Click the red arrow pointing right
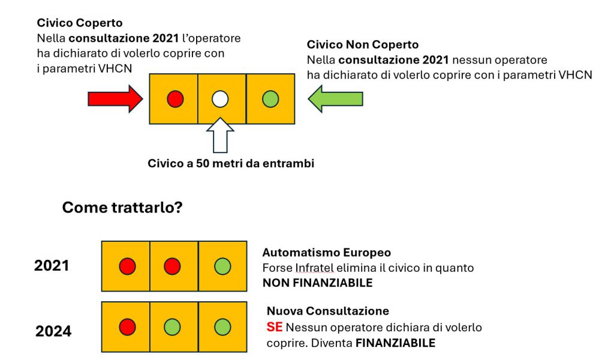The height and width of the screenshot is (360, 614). [x=115, y=99]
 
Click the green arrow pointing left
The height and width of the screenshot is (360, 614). [x=336, y=99]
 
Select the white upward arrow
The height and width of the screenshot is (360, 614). [x=220, y=135]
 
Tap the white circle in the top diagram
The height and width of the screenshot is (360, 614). [x=220, y=99]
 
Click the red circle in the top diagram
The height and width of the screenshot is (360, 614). [x=175, y=99]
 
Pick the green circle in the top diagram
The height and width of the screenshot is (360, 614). [x=270, y=99]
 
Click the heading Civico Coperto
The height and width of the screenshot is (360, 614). [x=80, y=23]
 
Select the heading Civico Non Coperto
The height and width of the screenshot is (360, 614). [x=363, y=44]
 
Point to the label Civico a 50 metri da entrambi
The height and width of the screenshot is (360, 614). [x=231, y=163]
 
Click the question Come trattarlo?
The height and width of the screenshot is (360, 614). [x=122, y=207]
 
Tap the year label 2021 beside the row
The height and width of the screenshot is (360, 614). [x=52, y=266]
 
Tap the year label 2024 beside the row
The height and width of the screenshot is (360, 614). [x=53, y=331]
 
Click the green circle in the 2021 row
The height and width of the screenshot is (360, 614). [x=222, y=266]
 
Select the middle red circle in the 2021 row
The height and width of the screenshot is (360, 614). [x=172, y=266]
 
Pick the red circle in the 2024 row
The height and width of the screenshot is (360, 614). [x=127, y=327]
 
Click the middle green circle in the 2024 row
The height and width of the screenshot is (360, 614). [x=172, y=327]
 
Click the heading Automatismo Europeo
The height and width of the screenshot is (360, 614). [x=327, y=253]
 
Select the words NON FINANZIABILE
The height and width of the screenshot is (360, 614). [x=318, y=283]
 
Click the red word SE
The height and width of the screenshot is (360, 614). [x=275, y=327]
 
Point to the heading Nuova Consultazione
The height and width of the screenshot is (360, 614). [x=328, y=311]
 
